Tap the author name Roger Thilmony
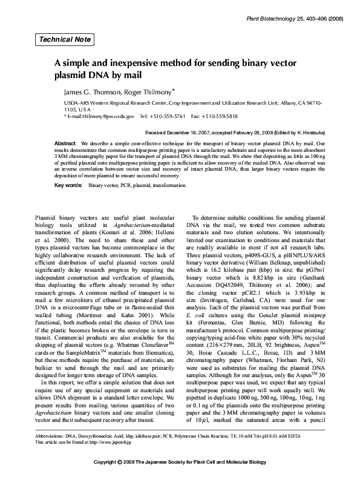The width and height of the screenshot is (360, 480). tap(147, 92)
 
